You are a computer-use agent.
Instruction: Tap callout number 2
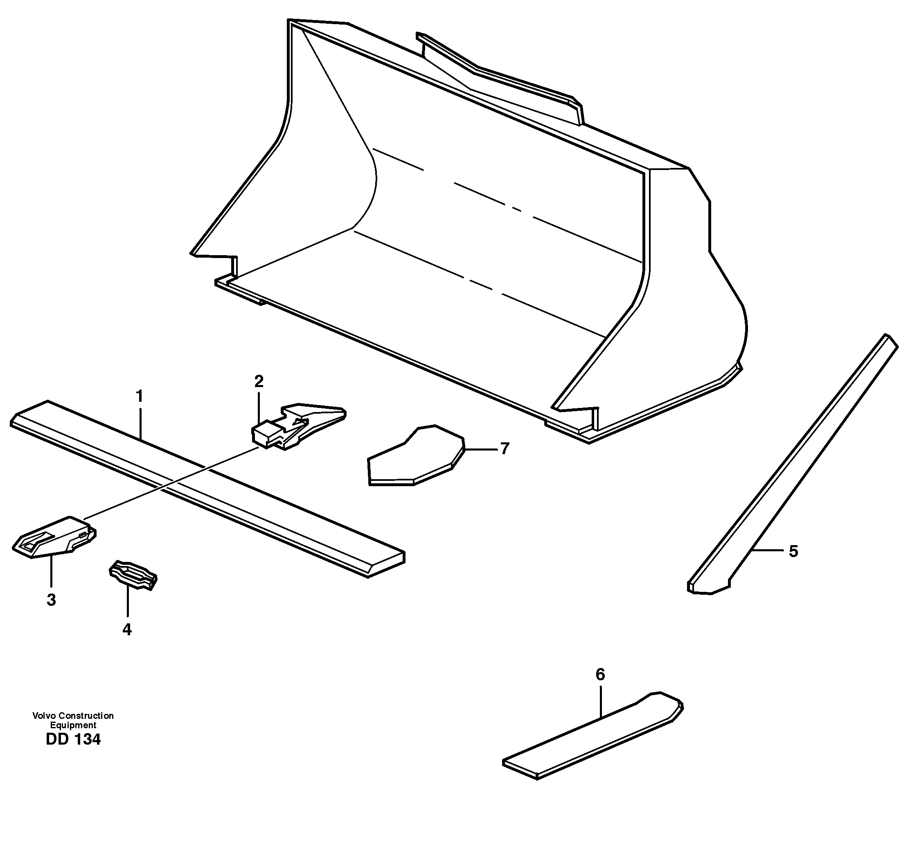pyautogui.click(x=259, y=381)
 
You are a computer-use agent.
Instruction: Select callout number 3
pyautogui.click(x=51, y=600)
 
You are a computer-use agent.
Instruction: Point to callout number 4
pyautogui.click(x=127, y=630)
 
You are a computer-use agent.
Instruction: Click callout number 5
pyautogui.click(x=793, y=552)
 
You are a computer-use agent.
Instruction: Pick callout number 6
pyautogui.click(x=600, y=674)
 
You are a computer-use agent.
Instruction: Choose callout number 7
pyautogui.click(x=504, y=449)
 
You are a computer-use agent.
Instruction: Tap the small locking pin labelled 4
pyautogui.click(x=133, y=574)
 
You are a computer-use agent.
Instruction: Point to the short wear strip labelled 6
pyautogui.click(x=594, y=736)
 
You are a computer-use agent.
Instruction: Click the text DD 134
pyautogui.click(x=73, y=740)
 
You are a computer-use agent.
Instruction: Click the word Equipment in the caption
pyautogui.click(x=73, y=725)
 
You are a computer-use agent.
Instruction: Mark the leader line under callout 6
pyautogui.click(x=601, y=700)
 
